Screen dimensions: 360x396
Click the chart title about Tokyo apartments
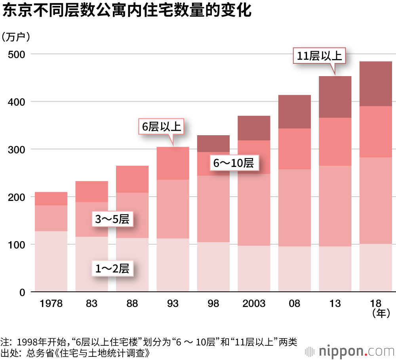coord(127,11)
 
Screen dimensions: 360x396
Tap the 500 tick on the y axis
coord(16,54)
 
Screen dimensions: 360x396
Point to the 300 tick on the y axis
coord(16,149)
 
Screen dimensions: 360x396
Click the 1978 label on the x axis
coord(51,304)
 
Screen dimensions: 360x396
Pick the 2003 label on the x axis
coord(254,304)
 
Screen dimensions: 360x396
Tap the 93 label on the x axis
coord(173,304)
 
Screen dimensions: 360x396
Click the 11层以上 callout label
coord(319,56)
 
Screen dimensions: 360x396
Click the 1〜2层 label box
coord(113,269)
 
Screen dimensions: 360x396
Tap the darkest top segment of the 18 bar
coord(375,84)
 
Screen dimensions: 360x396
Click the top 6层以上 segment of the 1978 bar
coord(51,199)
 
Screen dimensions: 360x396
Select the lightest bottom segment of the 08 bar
coord(294,269)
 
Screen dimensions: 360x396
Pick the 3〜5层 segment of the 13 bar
coord(335,206)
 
